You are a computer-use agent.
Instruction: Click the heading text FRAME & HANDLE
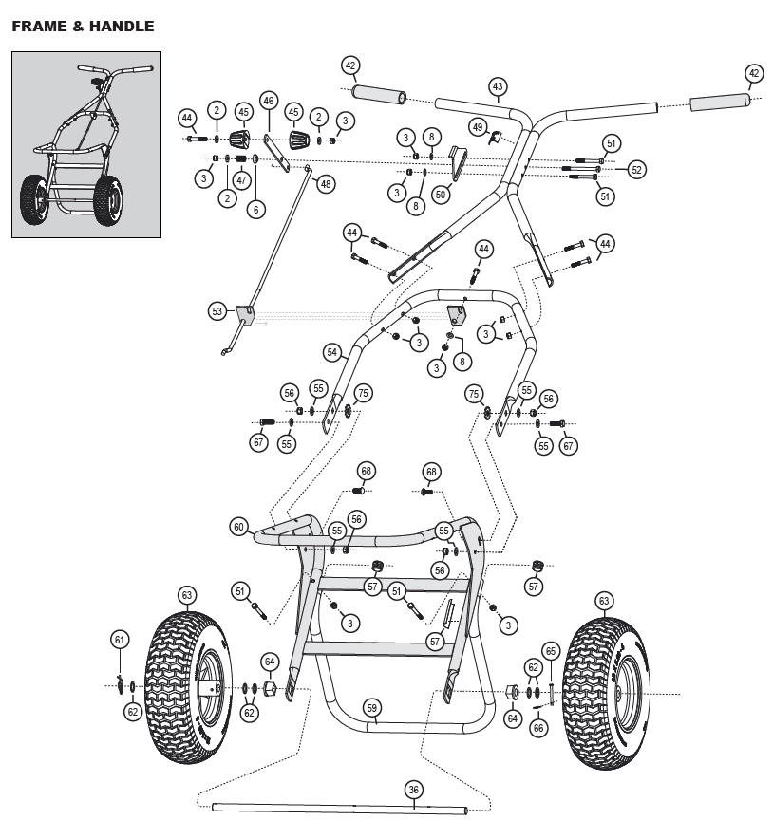(x=83, y=27)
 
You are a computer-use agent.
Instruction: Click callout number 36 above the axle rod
(x=413, y=790)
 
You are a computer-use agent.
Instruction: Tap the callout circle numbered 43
(x=498, y=86)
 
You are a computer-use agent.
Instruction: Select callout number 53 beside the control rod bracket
(x=217, y=311)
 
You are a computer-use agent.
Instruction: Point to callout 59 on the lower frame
(x=371, y=708)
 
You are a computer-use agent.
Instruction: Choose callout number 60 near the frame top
(x=238, y=527)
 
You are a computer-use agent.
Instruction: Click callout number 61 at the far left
(x=120, y=640)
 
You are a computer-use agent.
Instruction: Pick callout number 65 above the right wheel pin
(x=551, y=651)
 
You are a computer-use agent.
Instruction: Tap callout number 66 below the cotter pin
(x=538, y=728)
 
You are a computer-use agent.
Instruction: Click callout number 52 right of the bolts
(x=636, y=170)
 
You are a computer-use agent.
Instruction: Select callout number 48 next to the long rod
(x=326, y=184)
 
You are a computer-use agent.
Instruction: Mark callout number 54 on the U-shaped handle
(x=332, y=352)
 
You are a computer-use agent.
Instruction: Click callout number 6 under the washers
(x=255, y=209)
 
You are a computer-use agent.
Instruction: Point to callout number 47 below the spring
(x=241, y=180)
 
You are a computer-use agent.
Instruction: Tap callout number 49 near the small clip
(x=478, y=127)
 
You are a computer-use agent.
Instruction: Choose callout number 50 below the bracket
(x=440, y=195)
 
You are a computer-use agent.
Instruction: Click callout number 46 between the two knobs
(x=269, y=100)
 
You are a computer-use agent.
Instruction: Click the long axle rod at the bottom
(x=339, y=808)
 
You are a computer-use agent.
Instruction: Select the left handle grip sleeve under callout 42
(x=379, y=95)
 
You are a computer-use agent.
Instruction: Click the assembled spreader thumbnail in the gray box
(x=86, y=145)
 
